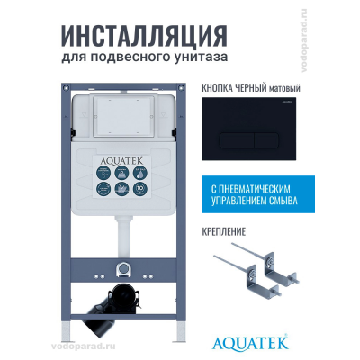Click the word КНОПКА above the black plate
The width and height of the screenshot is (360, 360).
pyautogui.click(x=208, y=90)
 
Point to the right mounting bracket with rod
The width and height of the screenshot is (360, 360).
pyautogui.click(x=278, y=265)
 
